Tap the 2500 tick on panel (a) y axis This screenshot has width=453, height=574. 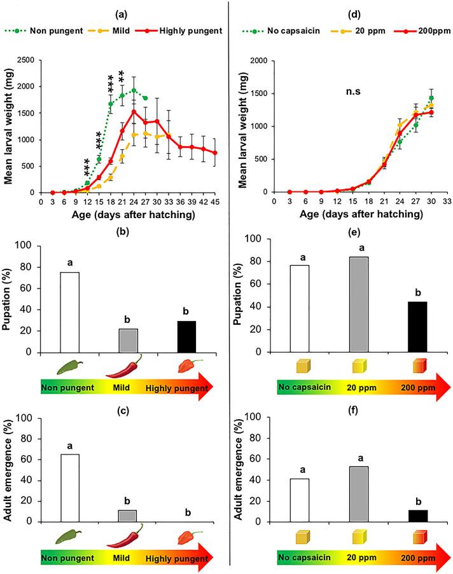pos(26,60)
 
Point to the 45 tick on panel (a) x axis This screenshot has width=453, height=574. pos(216,201)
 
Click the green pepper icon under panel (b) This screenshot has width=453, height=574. pos(70,367)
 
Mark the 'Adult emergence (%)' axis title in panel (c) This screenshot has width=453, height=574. pos(11,468)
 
